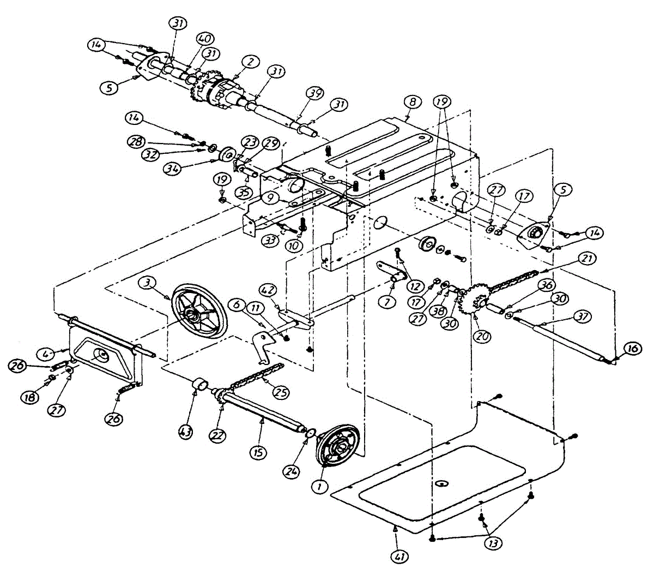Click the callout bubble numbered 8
412,101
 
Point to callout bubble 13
495,543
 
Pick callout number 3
147,282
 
